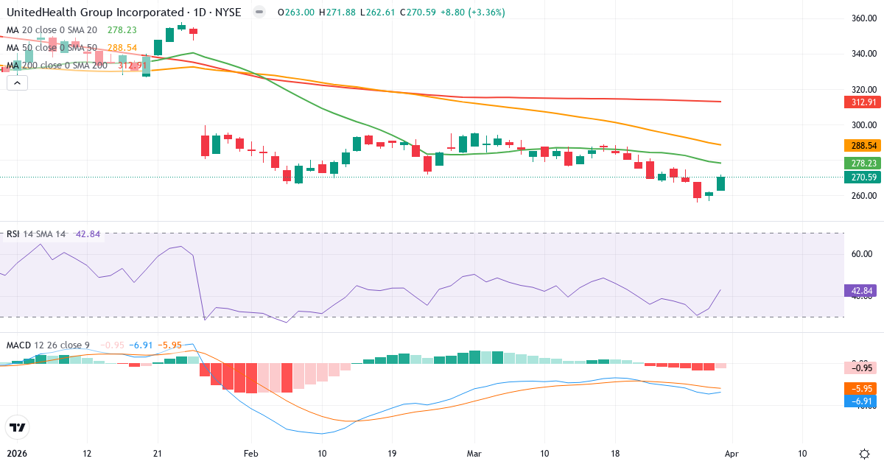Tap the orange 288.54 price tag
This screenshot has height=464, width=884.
(861, 146)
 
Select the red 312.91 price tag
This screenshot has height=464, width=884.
(861, 102)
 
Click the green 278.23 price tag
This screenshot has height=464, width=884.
(861, 164)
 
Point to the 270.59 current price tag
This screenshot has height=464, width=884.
(861, 177)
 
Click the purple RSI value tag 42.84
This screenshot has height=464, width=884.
(861, 291)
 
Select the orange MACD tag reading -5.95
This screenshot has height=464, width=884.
(861, 388)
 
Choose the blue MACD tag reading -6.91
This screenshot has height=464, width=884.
(861, 401)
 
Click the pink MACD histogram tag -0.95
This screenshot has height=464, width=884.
(861, 368)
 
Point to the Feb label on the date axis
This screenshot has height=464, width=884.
(252, 454)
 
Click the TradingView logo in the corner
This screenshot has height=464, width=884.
(18, 427)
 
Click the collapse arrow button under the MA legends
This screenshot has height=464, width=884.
(17, 82)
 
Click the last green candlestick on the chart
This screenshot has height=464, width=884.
(720, 183)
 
